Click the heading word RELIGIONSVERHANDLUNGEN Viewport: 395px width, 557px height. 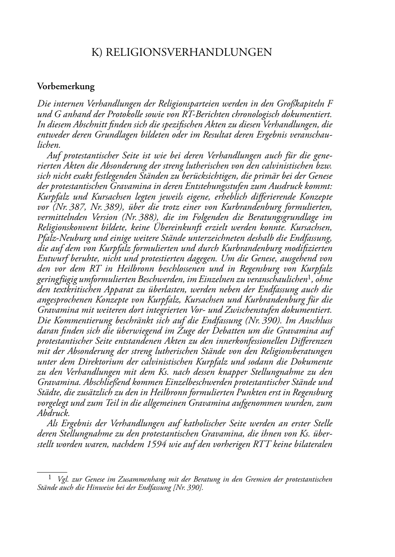click(189, 52)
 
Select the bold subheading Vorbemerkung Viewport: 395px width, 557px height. click(66, 86)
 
